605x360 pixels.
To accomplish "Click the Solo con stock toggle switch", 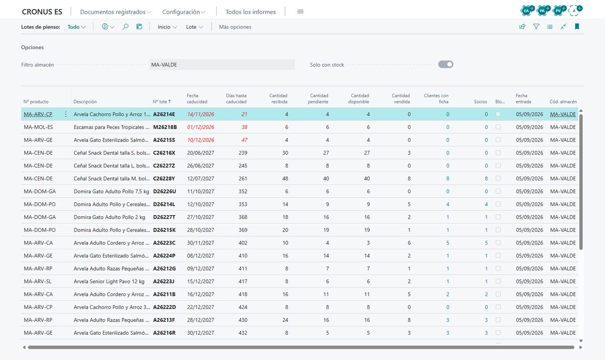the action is point(446,65).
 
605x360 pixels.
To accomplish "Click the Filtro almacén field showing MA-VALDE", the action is point(222,65).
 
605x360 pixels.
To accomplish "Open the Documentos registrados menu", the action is point(115,12).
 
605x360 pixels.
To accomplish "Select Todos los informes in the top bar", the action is point(251,12).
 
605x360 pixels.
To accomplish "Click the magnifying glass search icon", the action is point(126,27).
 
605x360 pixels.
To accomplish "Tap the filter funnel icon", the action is point(536,26).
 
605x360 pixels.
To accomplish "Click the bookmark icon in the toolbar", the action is point(577,26).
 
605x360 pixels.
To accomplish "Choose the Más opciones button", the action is point(235,27).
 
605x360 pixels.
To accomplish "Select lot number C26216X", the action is point(164,153).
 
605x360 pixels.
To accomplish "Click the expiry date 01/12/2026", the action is point(201,127).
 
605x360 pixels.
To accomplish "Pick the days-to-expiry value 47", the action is point(244,140).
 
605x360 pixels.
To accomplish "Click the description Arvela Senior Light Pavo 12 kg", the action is point(109,281).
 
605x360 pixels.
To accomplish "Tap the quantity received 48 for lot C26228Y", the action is point(285,178).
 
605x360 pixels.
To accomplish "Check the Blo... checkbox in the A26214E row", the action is point(498,114).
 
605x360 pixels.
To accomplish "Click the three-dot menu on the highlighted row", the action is point(66,114).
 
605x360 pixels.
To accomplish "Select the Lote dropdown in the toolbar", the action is point(195,27).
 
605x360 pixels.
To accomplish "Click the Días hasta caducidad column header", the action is point(236,99).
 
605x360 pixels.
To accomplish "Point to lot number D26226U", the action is point(164,192).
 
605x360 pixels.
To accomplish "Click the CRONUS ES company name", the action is point(42,12).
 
